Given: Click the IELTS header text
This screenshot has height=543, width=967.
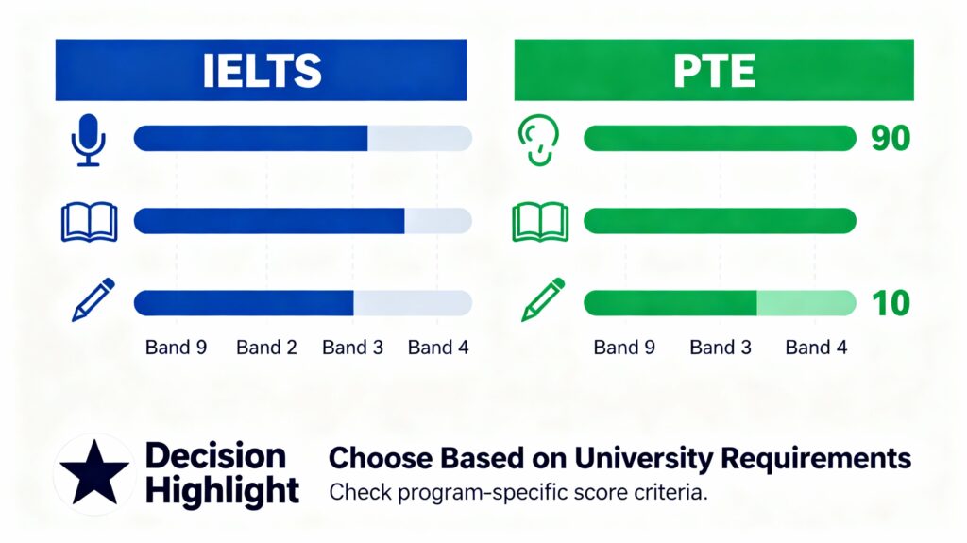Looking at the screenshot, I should pos(261,71).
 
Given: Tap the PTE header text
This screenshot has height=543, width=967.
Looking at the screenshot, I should pos(713,71).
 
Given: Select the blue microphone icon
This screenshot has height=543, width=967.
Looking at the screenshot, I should pos(89,140).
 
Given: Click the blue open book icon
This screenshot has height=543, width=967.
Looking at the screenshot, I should pos(89,222).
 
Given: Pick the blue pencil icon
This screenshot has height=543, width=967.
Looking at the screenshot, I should pos(93,300).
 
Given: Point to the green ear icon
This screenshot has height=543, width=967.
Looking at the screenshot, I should pos(539,140).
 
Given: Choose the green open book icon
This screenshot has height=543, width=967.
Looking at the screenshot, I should pos(539,222).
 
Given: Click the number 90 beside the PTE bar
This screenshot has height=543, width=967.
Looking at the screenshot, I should pos(890,139).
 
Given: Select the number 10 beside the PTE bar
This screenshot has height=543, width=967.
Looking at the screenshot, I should pos(890,303).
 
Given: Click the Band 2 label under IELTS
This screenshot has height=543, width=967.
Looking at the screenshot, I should pos(266,348).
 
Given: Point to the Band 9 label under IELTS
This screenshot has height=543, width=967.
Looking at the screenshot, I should pos(176,348).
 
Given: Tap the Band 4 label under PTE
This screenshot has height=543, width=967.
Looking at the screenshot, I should pos(816,348).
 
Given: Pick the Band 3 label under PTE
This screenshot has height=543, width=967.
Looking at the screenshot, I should pos(721,348).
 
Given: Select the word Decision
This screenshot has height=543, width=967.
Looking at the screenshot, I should pos(215,456).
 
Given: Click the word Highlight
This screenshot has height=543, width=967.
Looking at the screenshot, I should pos(223,491).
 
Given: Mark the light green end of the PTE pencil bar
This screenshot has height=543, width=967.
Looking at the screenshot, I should pos(806,303).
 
